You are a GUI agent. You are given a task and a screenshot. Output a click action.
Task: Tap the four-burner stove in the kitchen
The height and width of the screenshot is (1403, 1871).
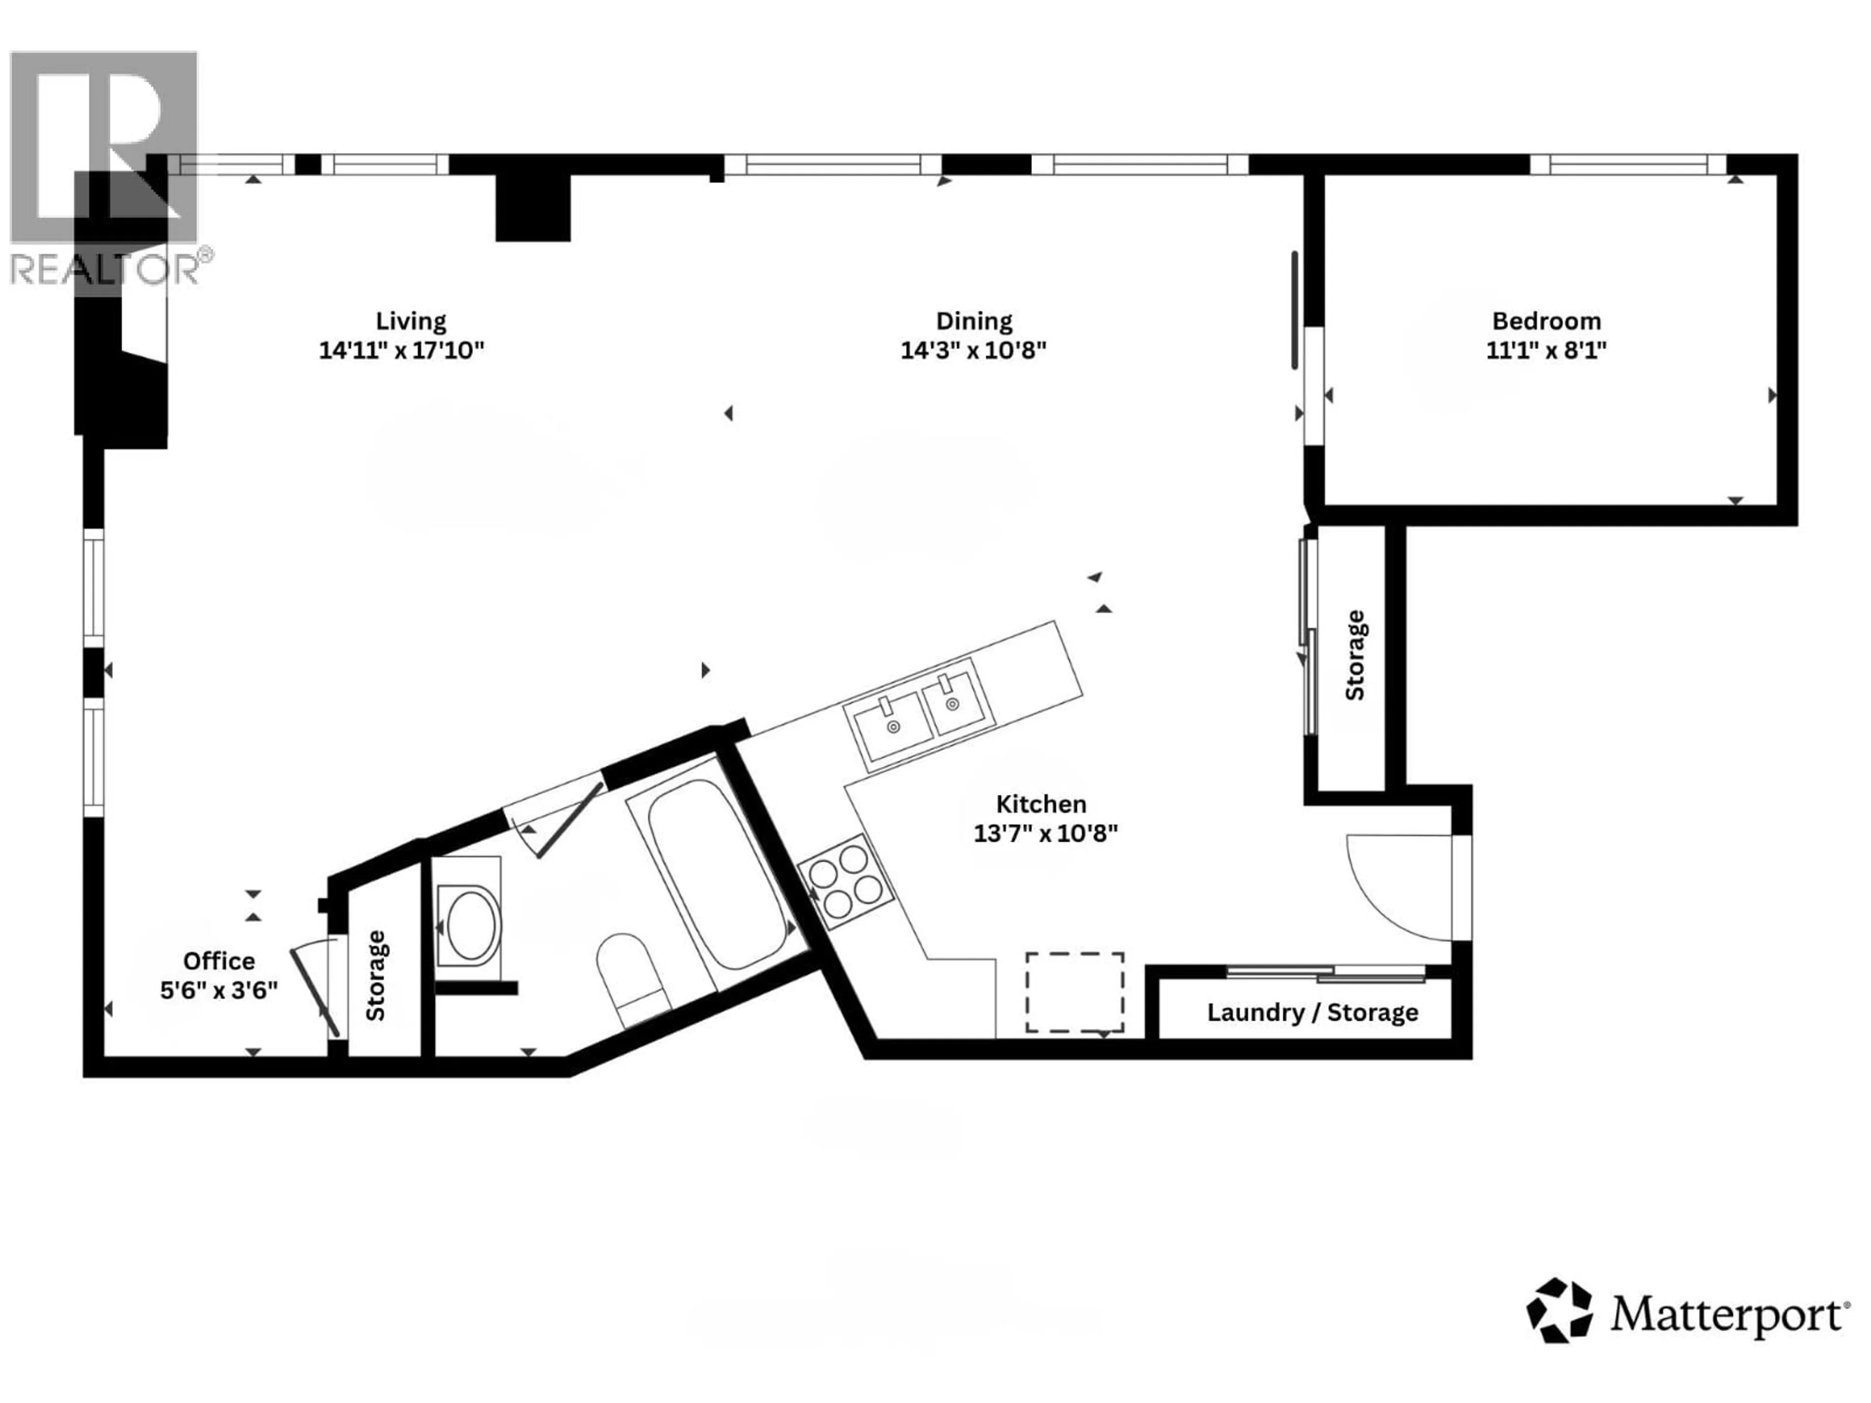pos(845,882)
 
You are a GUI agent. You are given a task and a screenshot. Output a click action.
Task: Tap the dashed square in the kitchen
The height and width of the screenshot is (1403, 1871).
pos(1074,992)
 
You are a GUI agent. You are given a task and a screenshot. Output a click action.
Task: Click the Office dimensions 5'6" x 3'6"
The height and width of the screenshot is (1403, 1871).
pos(219,990)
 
